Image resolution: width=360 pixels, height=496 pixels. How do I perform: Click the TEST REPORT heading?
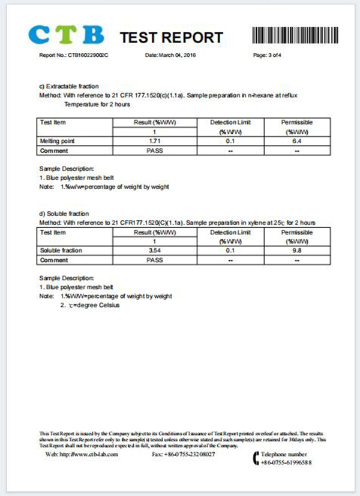point(171,37)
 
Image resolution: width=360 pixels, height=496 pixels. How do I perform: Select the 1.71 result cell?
point(154,141)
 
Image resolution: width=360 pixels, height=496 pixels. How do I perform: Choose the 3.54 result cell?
point(154,251)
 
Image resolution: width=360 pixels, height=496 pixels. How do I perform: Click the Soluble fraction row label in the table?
point(61,251)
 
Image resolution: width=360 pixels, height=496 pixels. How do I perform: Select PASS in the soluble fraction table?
point(154,260)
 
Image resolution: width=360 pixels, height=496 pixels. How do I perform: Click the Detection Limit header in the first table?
point(230,122)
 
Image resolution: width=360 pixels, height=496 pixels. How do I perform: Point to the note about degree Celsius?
point(90,305)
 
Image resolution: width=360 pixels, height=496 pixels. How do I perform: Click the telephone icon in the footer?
point(257,459)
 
